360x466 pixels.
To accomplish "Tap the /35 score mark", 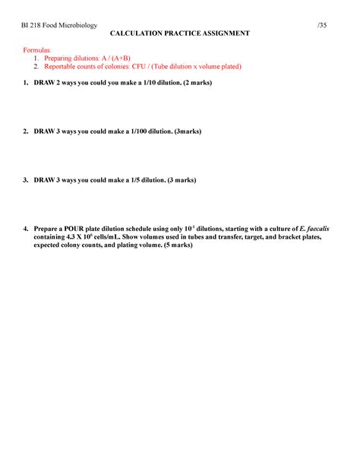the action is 323,25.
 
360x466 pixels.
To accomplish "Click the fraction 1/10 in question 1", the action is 149,82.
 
